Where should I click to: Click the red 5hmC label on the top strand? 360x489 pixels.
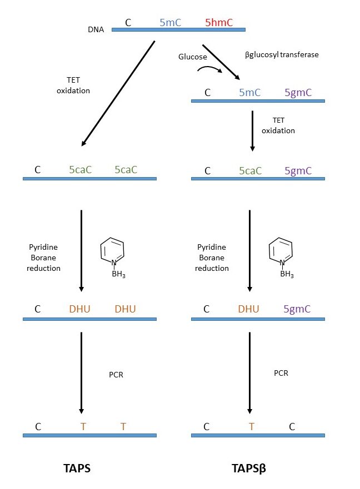219,23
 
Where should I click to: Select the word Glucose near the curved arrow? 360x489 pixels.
192,57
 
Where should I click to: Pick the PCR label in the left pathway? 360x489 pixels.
116,375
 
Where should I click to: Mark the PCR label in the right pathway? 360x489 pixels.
281,373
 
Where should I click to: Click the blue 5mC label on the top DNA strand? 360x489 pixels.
171,23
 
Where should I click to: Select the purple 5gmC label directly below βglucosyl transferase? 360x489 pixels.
298,93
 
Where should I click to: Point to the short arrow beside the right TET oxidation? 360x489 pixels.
252,131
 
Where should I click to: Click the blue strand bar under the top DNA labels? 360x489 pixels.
178,29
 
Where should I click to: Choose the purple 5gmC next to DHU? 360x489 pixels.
298,309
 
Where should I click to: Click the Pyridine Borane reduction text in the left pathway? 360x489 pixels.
44,258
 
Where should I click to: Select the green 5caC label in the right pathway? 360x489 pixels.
250,170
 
